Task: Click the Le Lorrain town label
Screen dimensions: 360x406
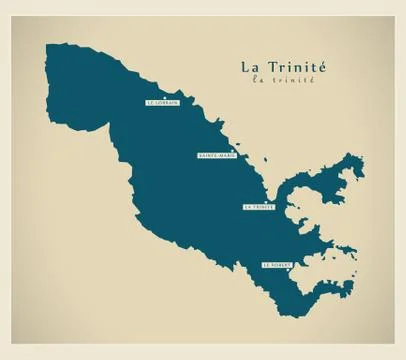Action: pos(161,102)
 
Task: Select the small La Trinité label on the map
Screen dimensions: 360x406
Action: pos(258,207)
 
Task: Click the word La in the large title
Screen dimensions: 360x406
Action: pos(250,67)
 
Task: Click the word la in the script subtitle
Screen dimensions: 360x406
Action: pos(259,80)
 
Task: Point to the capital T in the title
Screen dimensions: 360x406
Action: pos(273,67)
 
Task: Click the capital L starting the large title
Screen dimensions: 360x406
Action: pos(245,67)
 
